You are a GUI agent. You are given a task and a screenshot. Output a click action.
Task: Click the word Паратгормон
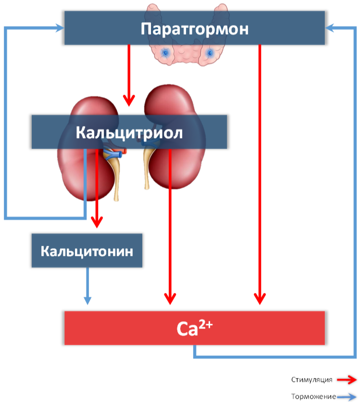[x=195, y=29]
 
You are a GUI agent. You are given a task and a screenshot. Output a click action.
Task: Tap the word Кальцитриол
[x=129, y=133]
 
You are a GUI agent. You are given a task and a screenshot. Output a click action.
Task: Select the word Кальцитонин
[x=87, y=251]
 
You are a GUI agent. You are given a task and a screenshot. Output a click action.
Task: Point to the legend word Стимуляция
[x=311, y=380]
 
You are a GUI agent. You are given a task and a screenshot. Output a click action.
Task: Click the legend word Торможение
[x=313, y=397]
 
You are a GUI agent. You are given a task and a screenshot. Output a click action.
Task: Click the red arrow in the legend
[x=347, y=380]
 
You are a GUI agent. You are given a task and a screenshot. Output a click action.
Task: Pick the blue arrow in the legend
[x=347, y=397]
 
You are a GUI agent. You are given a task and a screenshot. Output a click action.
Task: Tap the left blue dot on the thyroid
[x=165, y=53]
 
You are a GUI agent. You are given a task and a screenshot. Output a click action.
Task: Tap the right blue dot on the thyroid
[x=210, y=53]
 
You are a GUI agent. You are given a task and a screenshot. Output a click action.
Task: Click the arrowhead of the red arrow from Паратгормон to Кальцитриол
[x=129, y=101]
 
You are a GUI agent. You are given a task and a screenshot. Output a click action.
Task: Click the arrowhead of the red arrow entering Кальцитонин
[x=97, y=222]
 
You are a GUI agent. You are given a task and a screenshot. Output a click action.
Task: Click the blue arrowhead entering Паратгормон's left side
[x=60, y=28]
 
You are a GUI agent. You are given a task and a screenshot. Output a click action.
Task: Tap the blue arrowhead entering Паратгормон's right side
[x=330, y=28]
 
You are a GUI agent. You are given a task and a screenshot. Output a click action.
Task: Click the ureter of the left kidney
[x=115, y=177]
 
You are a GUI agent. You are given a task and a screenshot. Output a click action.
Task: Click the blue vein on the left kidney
[x=113, y=155]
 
